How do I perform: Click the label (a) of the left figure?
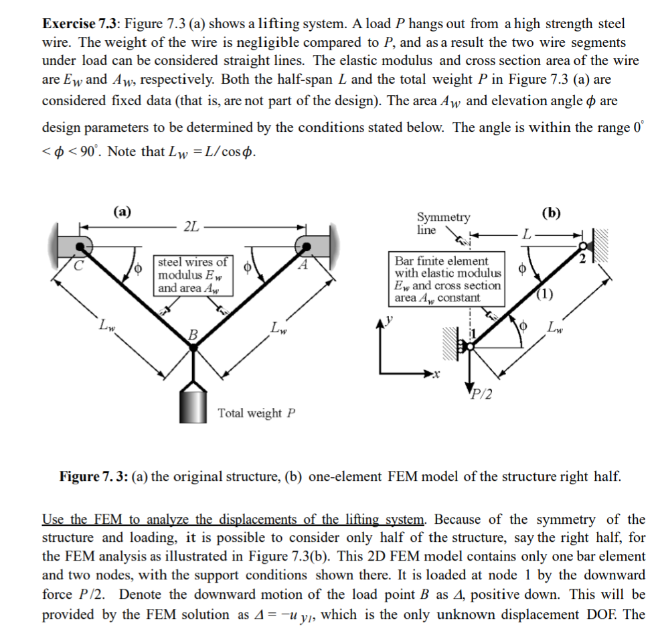[121, 212]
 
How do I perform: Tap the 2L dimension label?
[191, 226]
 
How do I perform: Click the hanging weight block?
[193, 401]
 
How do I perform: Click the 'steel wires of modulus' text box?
[192, 275]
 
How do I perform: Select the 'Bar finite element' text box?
[448, 279]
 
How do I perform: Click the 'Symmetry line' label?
[443, 224]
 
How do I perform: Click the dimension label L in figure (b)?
[528, 234]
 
